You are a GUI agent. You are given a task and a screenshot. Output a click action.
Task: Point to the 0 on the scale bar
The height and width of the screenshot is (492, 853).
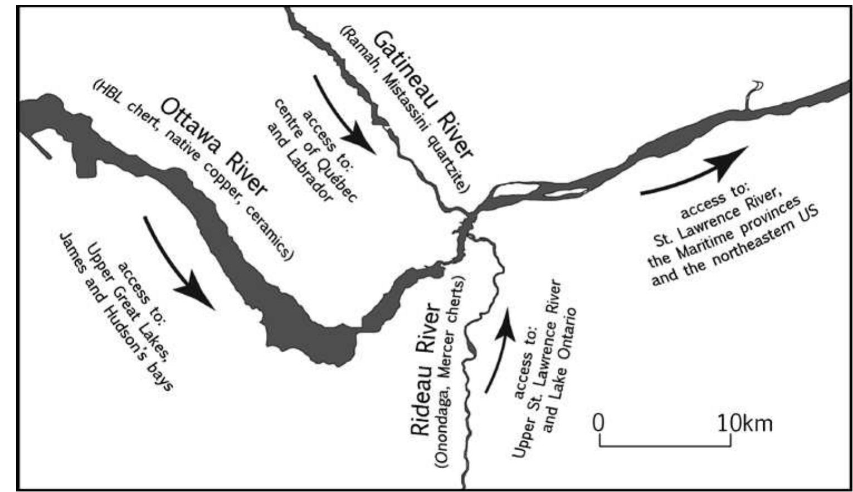598,423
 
